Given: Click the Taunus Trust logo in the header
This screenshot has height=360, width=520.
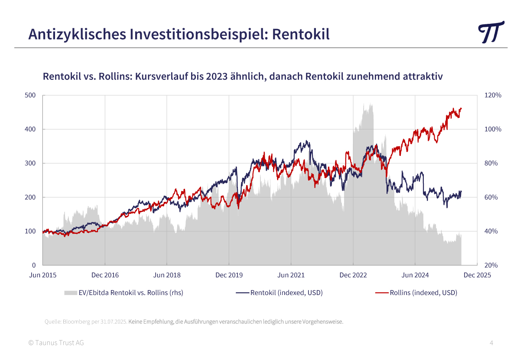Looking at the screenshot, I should (491, 32).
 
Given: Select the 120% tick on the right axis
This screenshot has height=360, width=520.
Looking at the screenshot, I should (492, 95).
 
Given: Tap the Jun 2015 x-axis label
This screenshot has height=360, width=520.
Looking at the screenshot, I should (42, 275).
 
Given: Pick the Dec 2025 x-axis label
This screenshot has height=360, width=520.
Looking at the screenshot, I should (477, 275).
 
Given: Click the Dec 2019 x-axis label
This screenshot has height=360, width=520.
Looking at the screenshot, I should (229, 275).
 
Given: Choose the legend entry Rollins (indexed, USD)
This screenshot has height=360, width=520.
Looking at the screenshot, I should (423, 292).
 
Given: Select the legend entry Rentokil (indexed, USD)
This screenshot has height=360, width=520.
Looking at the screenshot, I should (286, 292).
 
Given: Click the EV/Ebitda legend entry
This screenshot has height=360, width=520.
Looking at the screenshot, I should (130, 292).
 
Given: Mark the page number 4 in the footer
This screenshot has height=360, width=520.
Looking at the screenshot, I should (491, 343).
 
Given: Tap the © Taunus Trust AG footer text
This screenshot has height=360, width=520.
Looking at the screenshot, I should (56, 343).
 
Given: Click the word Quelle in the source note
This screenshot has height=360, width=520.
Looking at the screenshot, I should (52, 322).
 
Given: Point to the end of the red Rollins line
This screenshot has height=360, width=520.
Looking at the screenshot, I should (461, 108).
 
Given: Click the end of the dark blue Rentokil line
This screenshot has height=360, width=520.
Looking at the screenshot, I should (461, 191).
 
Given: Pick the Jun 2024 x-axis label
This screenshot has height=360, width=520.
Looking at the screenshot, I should (415, 275).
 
